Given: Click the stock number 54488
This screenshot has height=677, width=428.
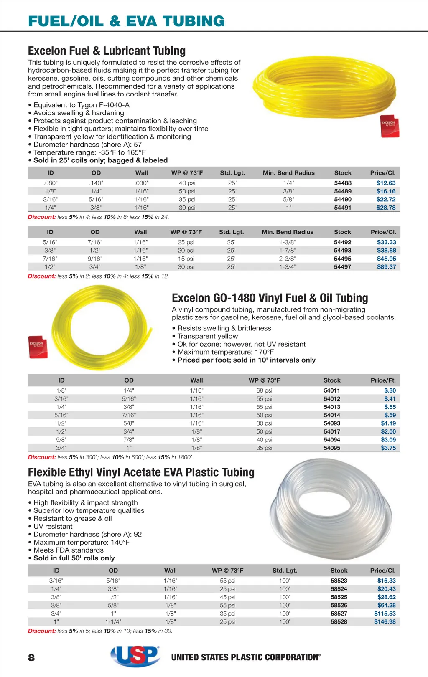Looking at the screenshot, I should pos(343,183).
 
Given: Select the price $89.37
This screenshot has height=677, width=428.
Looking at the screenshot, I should pos(386,267).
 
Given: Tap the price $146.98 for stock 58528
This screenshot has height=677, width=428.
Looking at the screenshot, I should pos(385,621).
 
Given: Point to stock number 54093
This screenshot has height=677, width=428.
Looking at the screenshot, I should pos(332,423).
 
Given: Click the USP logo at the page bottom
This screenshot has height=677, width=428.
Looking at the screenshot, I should pos(135,656).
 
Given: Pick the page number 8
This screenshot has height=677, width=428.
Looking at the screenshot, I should pos(31,658).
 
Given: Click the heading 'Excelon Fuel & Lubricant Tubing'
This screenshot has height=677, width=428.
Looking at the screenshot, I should pos(107,51).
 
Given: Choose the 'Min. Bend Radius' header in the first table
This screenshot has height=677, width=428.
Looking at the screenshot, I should pos(288,173).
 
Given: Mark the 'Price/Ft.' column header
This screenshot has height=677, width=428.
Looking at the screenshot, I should pos(383,380).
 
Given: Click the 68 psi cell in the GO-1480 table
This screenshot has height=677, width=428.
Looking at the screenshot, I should pos(264,390).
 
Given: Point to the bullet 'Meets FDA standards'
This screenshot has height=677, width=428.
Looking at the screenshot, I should pos(68,550).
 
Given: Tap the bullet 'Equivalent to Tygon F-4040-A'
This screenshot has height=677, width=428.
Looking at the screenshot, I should pos(81,105).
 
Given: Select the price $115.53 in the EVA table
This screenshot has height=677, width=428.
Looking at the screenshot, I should pos(385,614).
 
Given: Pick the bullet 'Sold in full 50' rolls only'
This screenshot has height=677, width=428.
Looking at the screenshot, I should pos(74,558).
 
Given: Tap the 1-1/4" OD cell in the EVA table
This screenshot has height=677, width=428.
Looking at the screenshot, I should pos(113,621).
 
